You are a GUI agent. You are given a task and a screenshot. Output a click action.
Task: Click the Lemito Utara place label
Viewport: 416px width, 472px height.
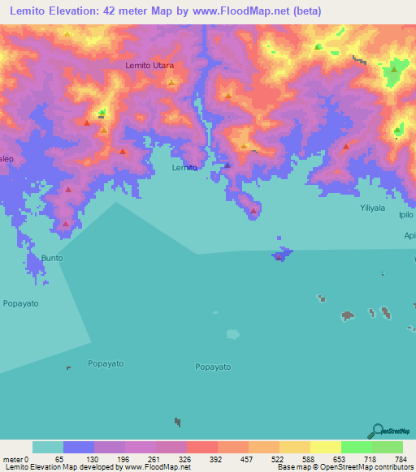[150, 64]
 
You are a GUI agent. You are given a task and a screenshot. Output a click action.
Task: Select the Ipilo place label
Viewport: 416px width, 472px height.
[406, 216]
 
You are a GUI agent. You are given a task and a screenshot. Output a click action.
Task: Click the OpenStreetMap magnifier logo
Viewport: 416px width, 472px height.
[375, 430]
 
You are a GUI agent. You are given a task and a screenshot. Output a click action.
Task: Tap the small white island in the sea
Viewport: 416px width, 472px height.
[233, 333]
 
